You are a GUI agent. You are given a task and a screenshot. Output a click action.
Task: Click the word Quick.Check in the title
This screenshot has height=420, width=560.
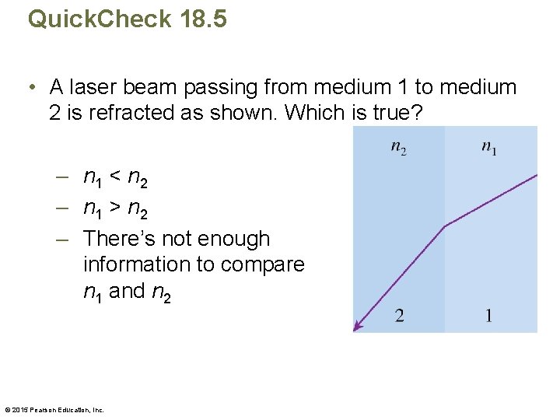point(99,18)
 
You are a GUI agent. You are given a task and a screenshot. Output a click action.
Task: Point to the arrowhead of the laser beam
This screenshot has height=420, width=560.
point(357,327)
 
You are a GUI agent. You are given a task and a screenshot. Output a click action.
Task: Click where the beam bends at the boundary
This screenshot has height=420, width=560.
point(444,226)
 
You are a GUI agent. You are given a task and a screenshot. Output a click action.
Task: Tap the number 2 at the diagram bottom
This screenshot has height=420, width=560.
point(399,315)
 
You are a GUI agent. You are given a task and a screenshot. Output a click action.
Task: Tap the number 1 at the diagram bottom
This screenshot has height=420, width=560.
point(488,315)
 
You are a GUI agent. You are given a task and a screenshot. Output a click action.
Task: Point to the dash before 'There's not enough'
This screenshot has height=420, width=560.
point(64,238)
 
